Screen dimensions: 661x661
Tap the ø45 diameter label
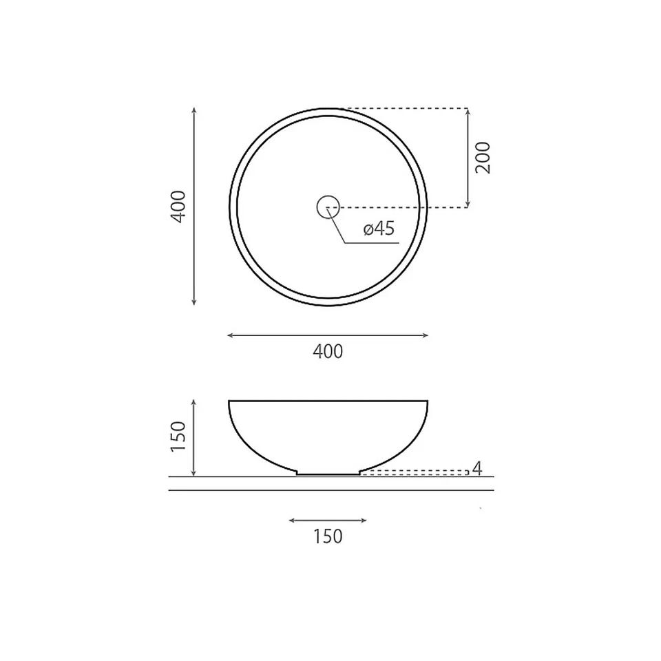point(379,229)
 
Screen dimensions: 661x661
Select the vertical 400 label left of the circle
point(178,207)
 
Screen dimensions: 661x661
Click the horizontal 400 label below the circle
point(328,352)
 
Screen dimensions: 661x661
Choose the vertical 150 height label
point(178,437)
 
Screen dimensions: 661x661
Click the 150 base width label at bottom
point(328,536)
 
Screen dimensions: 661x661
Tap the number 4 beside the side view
point(476,468)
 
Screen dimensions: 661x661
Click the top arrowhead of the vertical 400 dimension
point(194,110)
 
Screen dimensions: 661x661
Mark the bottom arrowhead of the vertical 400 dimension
point(194,302)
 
